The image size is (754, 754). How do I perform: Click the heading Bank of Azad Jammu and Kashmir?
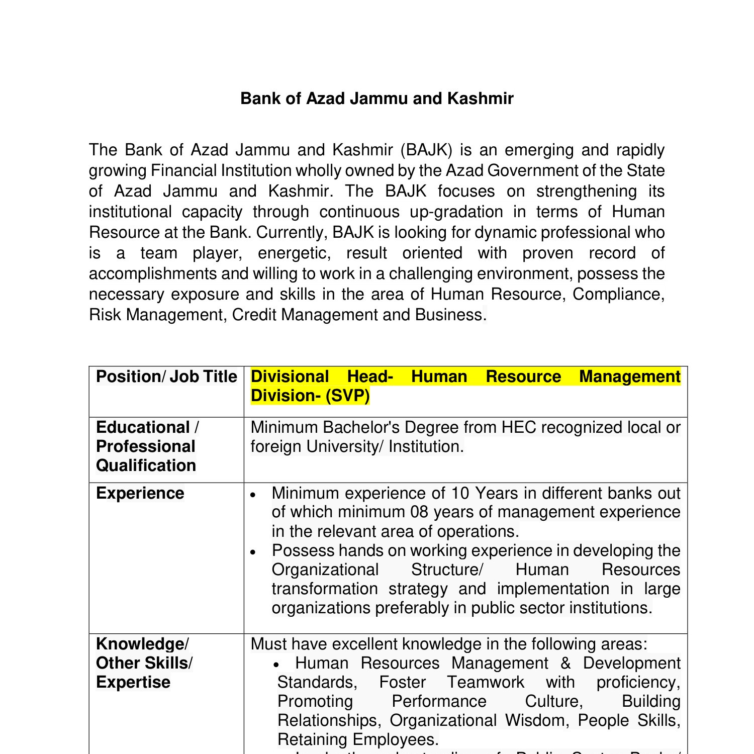pyautogui.click(x=377, y=99)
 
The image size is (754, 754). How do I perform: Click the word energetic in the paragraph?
pyautogui.click(x=294, y=253)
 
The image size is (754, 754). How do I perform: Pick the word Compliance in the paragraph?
pyautogui.click(x=618, y=294)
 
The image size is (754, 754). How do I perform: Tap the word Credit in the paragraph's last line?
pyautogui.click(x=254, y=315)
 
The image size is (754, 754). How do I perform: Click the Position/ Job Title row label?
pyautogui.click(x=166, y=376)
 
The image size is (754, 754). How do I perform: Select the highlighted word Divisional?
pyautogui.click(x=290, y=376)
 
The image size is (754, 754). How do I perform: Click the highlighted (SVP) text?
pyautogui.click(x=347, y=396)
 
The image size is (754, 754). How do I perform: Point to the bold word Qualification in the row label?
pyautogui.click(x=146, y=465)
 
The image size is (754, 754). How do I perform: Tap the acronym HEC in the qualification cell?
pyautogui.click(x=519, y=427)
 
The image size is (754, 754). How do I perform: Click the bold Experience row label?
pyautogui.click(x=140, y=493)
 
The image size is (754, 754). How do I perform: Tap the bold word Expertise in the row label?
pyautogui.click(x=133, y=682)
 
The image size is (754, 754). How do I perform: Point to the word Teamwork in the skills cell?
pyautogui.click(x=486, y=682)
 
